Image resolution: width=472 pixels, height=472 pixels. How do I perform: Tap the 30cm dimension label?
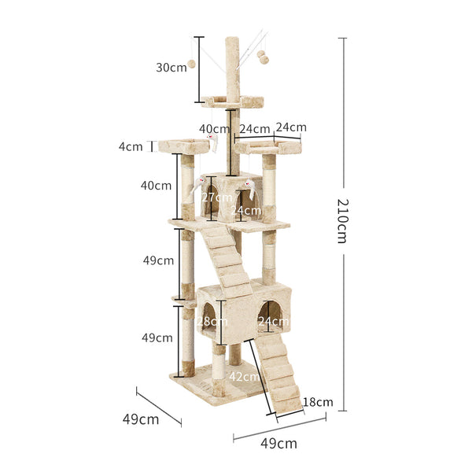[x=171, y=67]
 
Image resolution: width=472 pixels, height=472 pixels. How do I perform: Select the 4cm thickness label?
[x=131, y=146]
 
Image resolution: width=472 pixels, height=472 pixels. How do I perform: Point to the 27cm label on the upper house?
[x=216, y=197]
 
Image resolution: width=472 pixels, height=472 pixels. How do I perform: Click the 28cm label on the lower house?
[x=207, y=321]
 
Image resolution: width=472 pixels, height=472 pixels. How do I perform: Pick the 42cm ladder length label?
[x=244, y=377]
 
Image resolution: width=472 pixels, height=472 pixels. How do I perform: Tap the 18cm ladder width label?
[x=319, y=402]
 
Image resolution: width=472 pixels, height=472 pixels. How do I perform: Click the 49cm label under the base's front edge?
[x=278, y=443]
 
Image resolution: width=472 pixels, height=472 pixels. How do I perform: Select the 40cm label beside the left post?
[x=156, y=186]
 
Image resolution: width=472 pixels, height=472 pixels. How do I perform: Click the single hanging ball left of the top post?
[x=190, y=64]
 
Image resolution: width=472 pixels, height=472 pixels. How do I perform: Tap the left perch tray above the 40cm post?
[x=183, y=146]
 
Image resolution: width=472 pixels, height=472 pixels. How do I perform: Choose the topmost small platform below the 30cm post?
[x=231, y=101]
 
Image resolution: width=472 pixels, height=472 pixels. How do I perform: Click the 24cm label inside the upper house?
[x=246, y=210]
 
